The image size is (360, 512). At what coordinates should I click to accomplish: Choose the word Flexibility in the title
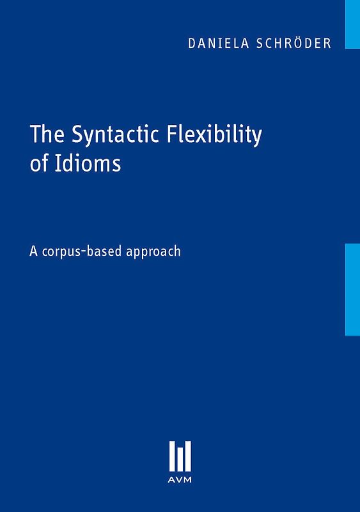[215, 137]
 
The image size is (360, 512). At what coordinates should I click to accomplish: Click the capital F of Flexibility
[171, 137]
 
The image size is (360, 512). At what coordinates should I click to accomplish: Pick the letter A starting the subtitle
[33, 251]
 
